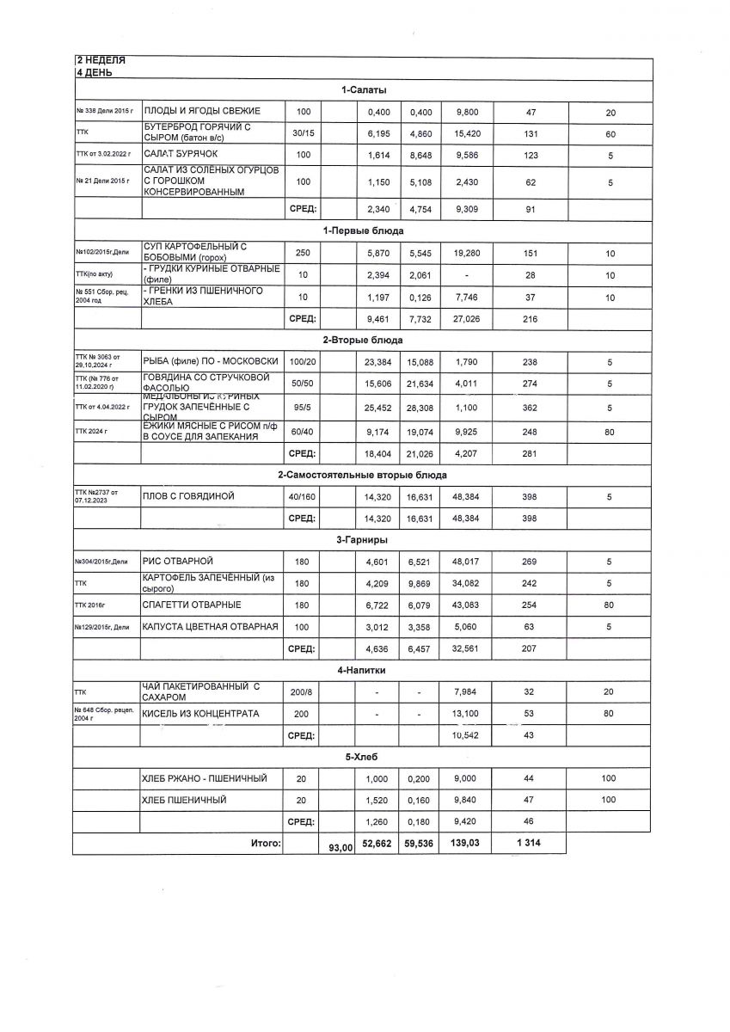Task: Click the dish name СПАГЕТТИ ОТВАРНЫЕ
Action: [x=192, y=605]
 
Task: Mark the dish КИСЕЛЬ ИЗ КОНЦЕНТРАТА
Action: [x=200, y=714]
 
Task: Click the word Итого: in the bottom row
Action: [x=267, y=845]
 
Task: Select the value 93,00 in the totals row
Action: [x=341, y=848]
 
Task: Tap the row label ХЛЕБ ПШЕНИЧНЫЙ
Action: [x=183, y=801]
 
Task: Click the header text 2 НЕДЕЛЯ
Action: [x=101, y=60]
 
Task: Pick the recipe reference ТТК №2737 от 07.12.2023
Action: [x=95, y=497]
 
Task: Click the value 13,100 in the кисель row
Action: [x=463, y=714]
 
